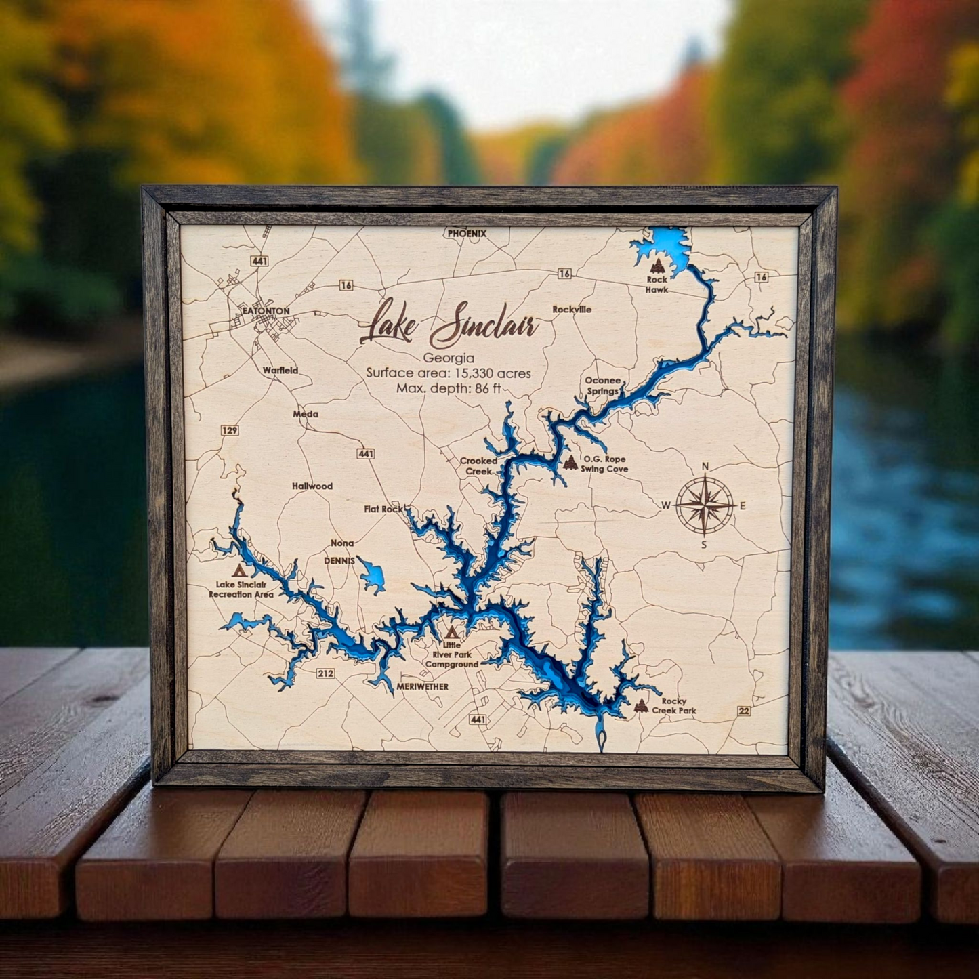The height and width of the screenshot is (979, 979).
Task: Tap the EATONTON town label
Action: click(266, 311)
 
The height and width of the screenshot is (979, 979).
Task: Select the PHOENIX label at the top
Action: click(467, 233)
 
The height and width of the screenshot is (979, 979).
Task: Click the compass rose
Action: click(705, 505)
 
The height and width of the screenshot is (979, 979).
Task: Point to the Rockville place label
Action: click(572, 309)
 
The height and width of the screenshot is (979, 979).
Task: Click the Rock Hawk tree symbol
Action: click(656, 266)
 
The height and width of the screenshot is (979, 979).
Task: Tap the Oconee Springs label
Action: click(603, 386)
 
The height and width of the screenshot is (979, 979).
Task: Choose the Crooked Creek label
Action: click(478, 465)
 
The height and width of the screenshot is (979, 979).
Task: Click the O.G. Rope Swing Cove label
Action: click(605, 464)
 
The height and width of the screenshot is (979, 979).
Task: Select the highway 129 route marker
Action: click(230, 430)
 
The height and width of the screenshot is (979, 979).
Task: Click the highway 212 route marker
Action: click(325, 673)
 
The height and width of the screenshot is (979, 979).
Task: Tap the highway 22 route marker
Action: click(745, 710)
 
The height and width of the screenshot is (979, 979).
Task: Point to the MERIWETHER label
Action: click(423, 686)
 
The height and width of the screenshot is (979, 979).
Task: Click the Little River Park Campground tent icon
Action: click(451, 633)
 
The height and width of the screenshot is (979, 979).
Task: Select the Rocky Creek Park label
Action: click(674, 706)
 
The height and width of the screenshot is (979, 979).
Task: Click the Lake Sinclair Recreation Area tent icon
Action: click(238, 570)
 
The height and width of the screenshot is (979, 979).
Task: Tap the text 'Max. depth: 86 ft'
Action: click(449, 388)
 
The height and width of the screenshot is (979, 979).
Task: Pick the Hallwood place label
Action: click(312, 486)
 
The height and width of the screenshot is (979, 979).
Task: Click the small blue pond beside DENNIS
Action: click(372, 575)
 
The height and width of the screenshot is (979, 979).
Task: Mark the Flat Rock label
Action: click(383, 509)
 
